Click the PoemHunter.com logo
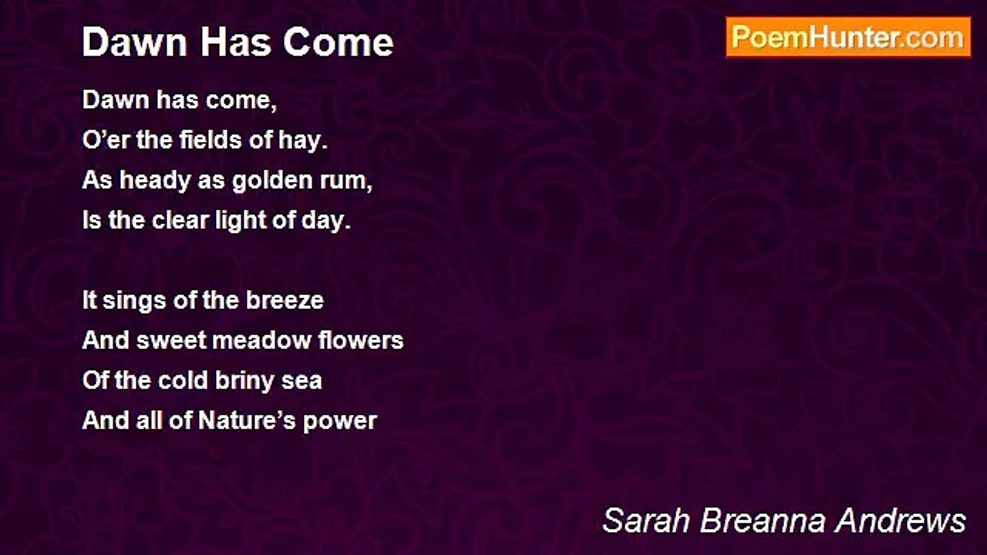(x=848, y=38)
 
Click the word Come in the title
(x=338, y=42)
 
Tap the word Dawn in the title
(x=134, y=42)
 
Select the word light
(x=241, y=221)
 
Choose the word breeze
(x=285, y=301)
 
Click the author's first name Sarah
(x=645, y=520)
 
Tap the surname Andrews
(x=900, y=520)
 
